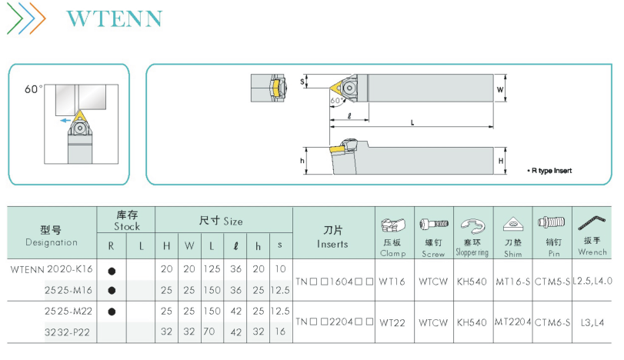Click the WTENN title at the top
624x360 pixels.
point(115,18)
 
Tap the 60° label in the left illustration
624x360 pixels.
point(33,89)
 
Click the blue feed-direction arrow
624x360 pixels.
point(65,120)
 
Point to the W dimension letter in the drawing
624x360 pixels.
point(500,89)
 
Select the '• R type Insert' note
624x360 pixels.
point(549,171)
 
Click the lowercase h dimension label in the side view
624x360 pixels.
point(302,161)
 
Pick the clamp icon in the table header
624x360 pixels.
point(393,225)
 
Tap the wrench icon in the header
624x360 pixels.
point(592,223)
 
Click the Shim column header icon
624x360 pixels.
point(513,224)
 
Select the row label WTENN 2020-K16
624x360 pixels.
point(52,269)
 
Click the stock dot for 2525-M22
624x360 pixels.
point(112,312)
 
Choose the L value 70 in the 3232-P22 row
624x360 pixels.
point(209,332)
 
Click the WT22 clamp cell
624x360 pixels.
point(392,322)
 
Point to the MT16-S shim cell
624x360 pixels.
point(512,282)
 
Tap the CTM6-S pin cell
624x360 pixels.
point(552,322)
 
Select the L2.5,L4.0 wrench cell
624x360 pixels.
point(592,281)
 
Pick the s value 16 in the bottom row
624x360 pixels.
point(280,332)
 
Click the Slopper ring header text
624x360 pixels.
point(472,252)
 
